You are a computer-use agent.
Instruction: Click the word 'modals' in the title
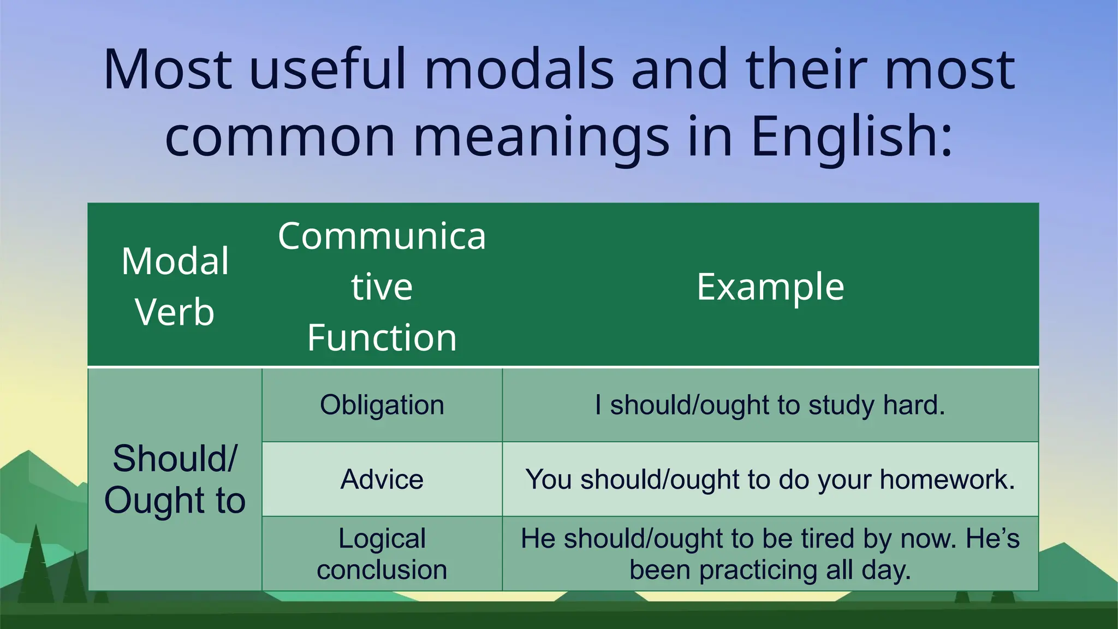[x=519, y=69]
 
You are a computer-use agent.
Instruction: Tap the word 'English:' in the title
[x=852, y=137]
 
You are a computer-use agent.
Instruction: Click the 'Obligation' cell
[x=382, y=405]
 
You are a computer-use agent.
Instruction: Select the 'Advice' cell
[x=382, y=479]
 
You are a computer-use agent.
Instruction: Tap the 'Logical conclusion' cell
[x=382, y=554]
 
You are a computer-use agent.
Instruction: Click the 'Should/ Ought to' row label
[x=175, y=479]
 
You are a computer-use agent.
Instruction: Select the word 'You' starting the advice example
[x=548, y=479]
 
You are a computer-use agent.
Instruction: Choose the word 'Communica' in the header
[x=382, y=236]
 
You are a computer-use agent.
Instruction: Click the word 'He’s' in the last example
[x=992, y=538]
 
